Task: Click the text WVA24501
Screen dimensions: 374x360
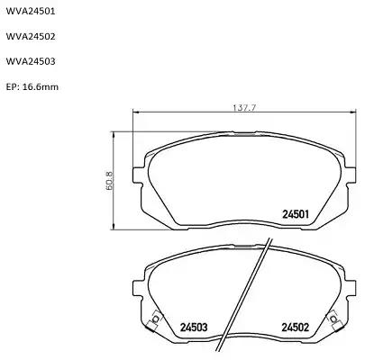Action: (31, 12)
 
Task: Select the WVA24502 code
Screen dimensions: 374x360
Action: (31, 37)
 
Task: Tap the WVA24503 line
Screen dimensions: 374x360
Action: (31, 61)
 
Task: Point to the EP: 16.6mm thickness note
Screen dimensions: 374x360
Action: (32, 87)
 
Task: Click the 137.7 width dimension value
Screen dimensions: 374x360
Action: (244, 108)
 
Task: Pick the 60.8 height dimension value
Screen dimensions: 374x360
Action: (109, 180)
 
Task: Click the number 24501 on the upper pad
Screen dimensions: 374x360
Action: (296, 214)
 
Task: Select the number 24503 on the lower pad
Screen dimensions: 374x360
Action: (194, 327)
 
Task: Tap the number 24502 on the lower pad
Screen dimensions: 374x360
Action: (295, 327)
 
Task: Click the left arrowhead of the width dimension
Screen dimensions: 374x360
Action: (135, 112)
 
